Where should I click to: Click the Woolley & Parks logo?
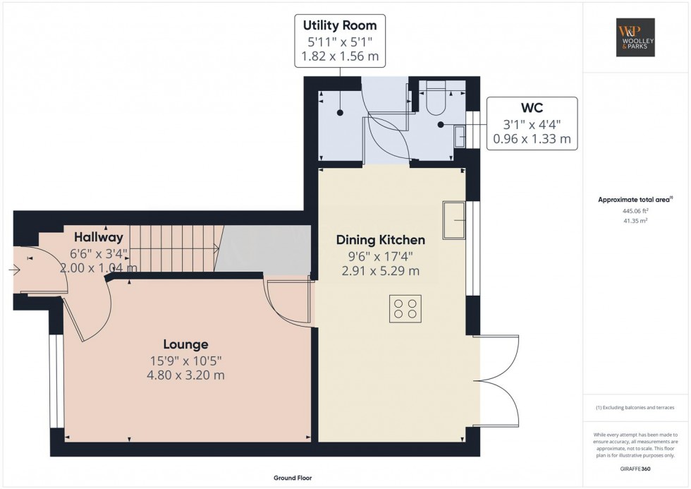(x=635, y=37)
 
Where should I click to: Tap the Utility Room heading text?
(x=340, y=25)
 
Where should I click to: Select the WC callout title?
(x=532, y=107)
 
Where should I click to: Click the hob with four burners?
(x=405, y=308)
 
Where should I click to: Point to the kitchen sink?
(x=454, y=220)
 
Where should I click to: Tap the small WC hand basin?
(x=459, y=136)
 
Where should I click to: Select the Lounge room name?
(x=185, y=344)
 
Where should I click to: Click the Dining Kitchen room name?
(x=381, y=240)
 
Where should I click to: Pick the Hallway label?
(x=99, y=237)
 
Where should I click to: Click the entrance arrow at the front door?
(x=14, y=269)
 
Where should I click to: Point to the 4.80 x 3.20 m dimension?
(x=185, y=375)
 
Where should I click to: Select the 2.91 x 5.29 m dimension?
(x=381, y=271)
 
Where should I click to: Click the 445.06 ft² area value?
(x=635, y=211)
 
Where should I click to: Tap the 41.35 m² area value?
(x=635, y=221)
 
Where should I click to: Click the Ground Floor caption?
(x=293, y=478)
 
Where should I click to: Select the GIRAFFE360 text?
(x=635, y=469)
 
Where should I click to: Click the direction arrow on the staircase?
(x=175, y=249)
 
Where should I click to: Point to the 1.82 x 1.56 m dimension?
(x=340, y=56)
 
